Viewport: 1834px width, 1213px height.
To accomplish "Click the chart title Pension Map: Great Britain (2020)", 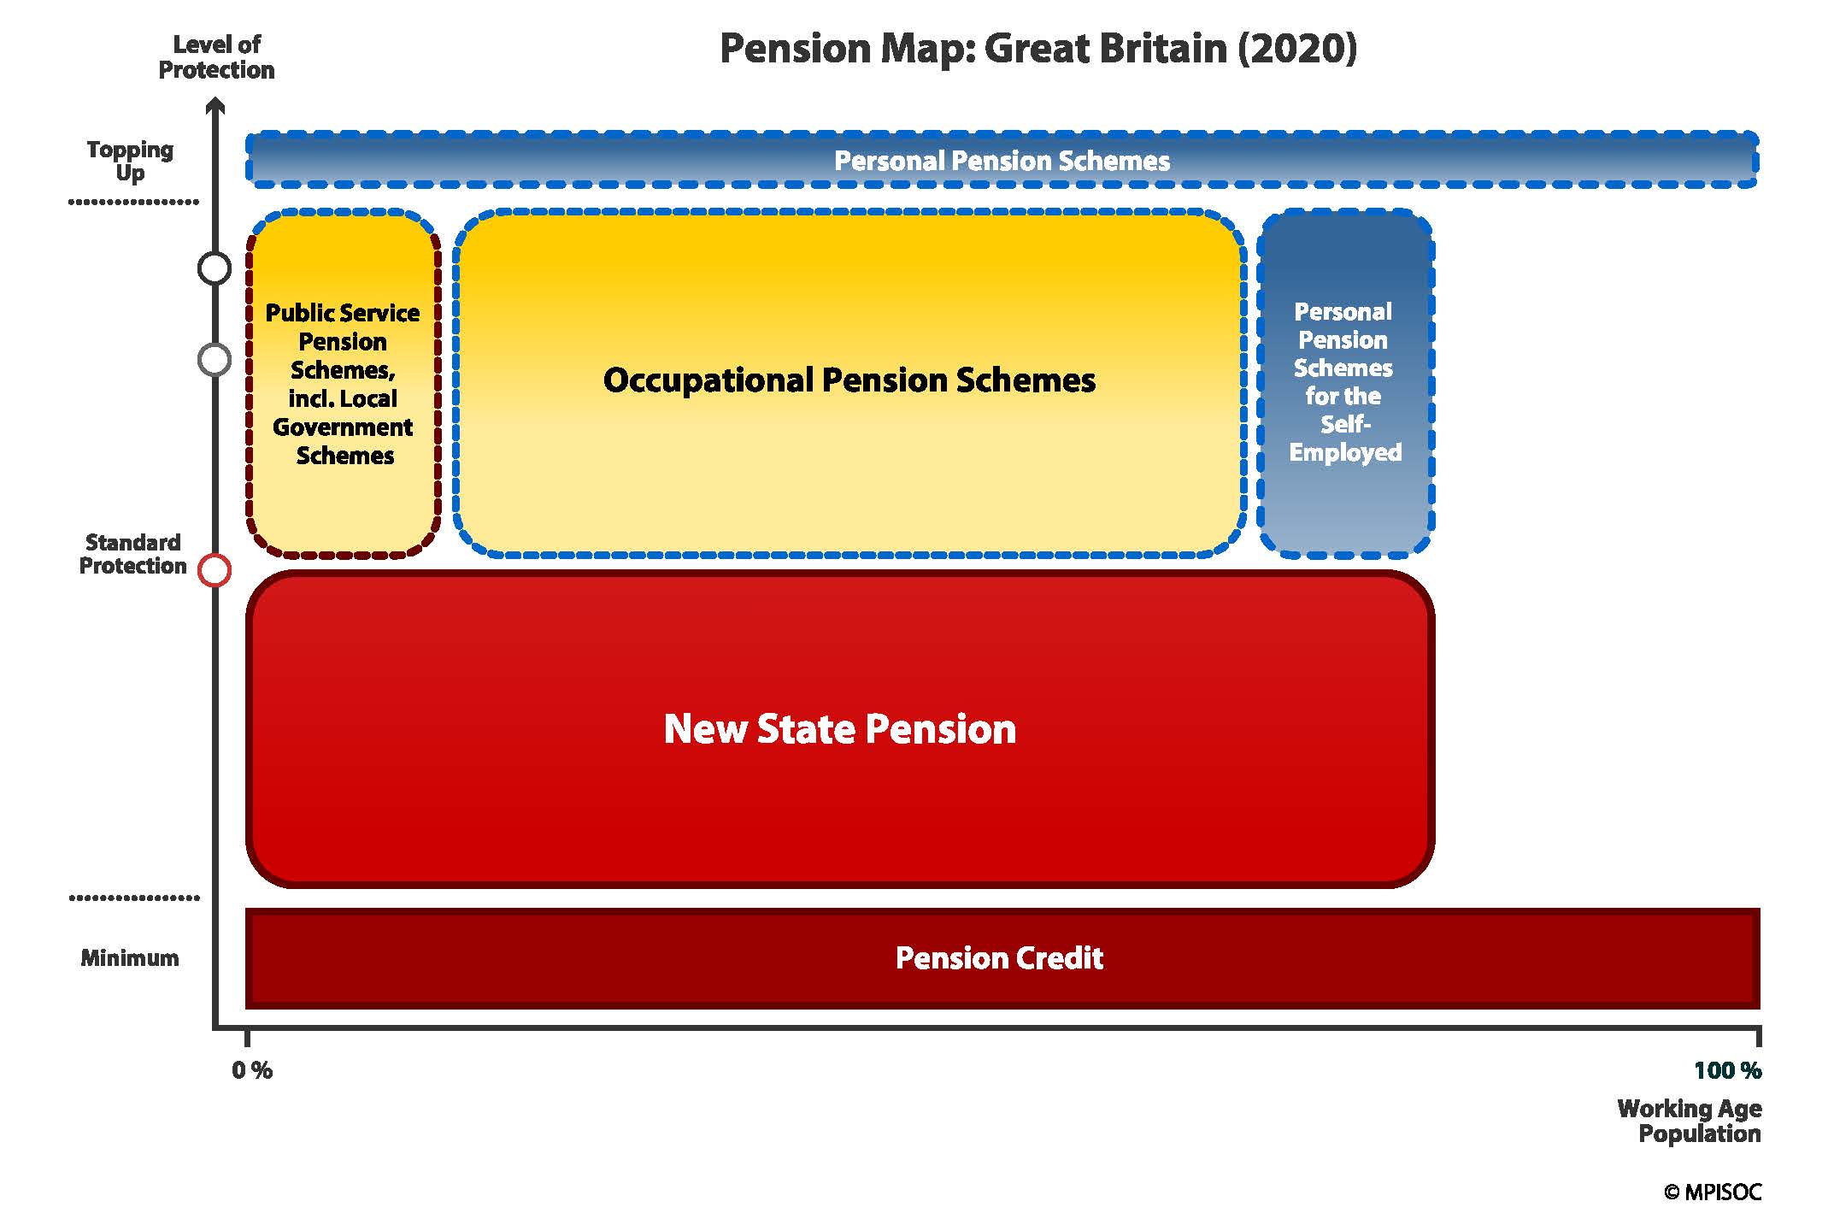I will (1038, 49).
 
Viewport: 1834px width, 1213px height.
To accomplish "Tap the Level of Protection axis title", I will (216, 57).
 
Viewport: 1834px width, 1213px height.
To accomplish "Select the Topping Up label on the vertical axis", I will (130, 161).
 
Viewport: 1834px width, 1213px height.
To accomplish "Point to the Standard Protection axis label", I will (132, 554).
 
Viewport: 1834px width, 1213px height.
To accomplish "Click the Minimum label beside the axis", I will (130, 957).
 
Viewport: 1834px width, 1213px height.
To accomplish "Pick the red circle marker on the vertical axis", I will (215, 570).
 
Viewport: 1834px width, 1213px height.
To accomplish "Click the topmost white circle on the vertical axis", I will (215, 268).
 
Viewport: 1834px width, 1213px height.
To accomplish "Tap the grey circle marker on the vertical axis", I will (215, 360).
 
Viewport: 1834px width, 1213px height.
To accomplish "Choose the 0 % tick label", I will (252, 1070).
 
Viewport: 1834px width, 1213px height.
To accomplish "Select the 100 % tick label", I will (1727, 1070).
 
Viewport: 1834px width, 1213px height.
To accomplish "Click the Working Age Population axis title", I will (1690, 1121).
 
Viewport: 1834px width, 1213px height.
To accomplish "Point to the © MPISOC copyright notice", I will (1713, 1192).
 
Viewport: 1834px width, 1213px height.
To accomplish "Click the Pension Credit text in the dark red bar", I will (999, 958).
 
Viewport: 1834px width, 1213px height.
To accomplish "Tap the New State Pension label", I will (840, 729).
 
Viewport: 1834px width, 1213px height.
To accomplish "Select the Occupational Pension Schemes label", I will (849, 380).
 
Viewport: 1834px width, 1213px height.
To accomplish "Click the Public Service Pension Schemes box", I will (343, 384).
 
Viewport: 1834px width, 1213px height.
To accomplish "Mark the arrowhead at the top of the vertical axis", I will (216, 106).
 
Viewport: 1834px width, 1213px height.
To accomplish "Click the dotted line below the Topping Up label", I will (133, 203).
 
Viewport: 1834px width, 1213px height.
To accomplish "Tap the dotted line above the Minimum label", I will (133, 898).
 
